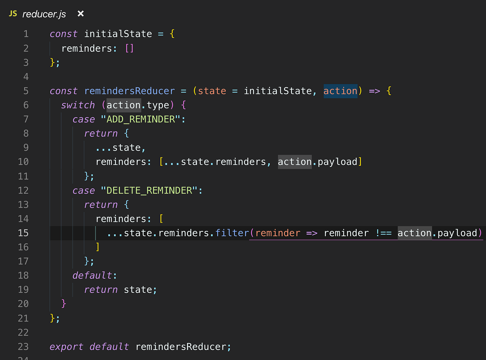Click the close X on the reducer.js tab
(81, 14)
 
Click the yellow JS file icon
(13, 14)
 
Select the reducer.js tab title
(44, 14)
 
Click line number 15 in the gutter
(23, 233)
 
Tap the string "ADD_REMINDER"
(141, 119)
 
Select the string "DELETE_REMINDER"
(149, 190)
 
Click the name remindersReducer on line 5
(129, 91)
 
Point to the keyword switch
(78, 105)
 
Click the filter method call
(232, 233)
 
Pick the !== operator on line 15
(383, 233)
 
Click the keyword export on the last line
(66, 346)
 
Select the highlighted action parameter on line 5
(340, 91)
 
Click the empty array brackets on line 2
(129, 48)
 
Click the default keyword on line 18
(92, 275)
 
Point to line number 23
(23, 346)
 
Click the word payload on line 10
(337, 162)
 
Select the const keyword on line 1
(64, 34)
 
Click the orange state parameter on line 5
(212, 91)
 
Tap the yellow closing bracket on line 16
(98, 247)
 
